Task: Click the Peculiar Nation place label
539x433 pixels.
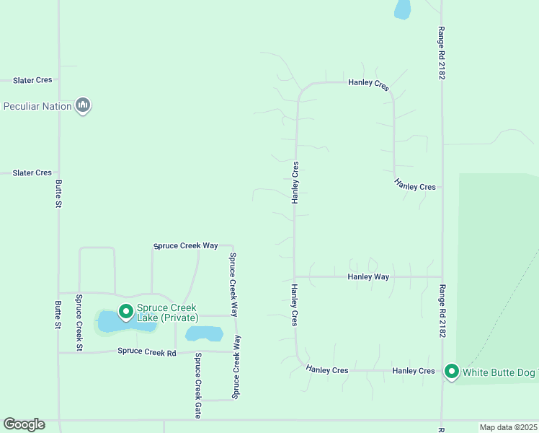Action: (x=37, y=107)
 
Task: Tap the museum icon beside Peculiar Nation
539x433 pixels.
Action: (x=84, y=106)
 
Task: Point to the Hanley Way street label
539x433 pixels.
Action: (x=368, y=276)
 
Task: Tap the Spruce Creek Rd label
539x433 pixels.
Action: (x=147, y=352)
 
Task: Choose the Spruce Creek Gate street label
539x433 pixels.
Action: (x=197, y=375)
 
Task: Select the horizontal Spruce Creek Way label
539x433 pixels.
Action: (x=186, y=246)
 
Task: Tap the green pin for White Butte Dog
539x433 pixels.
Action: (x=452, y=372)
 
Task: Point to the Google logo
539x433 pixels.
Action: (x=24, y=424)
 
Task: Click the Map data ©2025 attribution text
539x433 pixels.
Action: (x=509, y=427)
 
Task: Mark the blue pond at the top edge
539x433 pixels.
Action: (x=402, y=9)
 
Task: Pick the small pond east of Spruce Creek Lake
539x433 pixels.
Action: (x=204, y=333)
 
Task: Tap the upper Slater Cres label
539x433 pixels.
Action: (x=32, y=80)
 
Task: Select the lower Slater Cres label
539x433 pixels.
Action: (x=32, y=173)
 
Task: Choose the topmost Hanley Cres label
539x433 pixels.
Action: (x=368, y=83)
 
